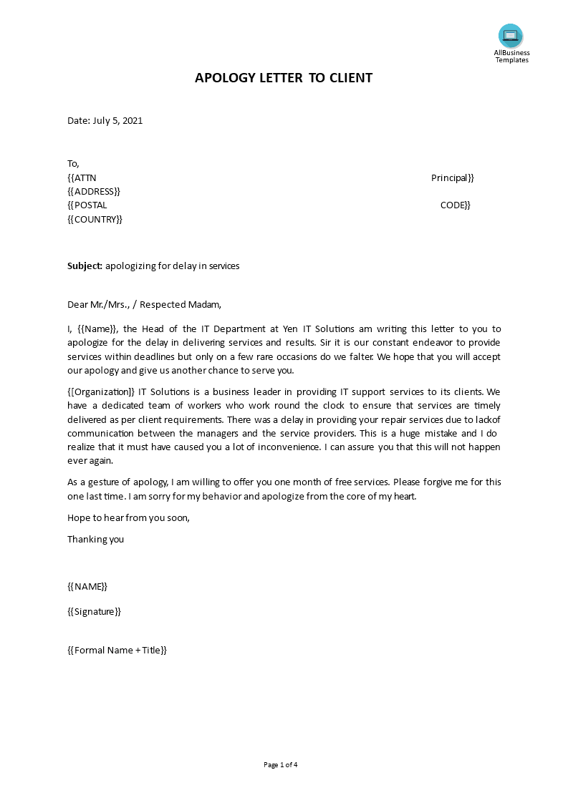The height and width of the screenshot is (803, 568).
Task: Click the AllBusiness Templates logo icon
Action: [511, 36]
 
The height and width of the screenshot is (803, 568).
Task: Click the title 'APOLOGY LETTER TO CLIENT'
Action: [284, 78]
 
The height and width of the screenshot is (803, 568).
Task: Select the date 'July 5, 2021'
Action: [117, 120]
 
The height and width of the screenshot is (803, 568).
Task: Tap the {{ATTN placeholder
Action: [82, 177]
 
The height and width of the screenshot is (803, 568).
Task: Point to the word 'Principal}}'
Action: [452, 177]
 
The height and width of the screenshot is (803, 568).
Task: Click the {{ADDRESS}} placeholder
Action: [94, 191]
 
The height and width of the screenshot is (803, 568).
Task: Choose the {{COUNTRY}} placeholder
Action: [95, 219]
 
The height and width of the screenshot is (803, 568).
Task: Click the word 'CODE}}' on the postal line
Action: [455, 205]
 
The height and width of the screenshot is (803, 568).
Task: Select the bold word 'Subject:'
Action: [85, 266]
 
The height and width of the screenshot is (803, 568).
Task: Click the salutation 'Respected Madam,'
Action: [181, 304]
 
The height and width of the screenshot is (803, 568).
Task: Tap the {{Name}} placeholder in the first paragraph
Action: [97, 329]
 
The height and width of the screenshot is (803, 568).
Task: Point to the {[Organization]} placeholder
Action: [101, 391]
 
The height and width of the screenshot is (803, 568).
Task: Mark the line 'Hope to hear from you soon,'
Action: [129, 517]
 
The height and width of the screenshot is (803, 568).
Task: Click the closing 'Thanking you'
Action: [95, 539]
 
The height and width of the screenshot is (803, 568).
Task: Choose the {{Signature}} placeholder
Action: [94, 611]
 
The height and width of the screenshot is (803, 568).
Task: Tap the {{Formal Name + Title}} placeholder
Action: [117, 650]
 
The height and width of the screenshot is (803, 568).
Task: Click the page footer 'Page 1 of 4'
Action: [280, 764]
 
